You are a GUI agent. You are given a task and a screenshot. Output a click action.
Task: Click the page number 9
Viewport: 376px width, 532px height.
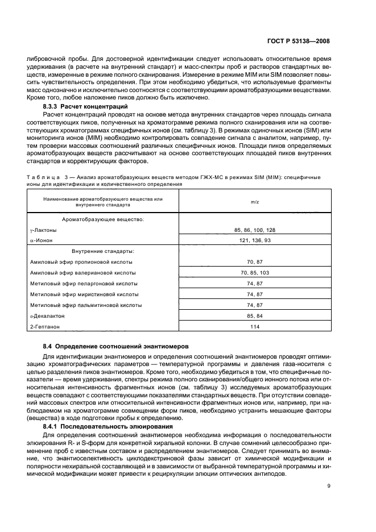(x=329, y=485)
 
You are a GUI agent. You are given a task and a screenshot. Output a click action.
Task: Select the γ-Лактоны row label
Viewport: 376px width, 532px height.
(x=43, y=230)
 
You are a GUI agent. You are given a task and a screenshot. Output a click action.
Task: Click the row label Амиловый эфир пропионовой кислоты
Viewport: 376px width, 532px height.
(x=81, y=261)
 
